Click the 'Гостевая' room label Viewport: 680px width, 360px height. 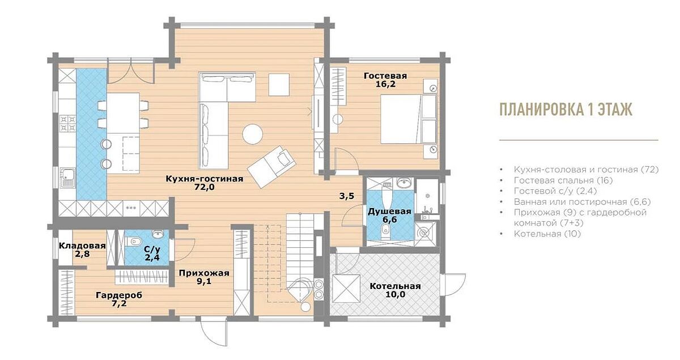click(x=385, y=75)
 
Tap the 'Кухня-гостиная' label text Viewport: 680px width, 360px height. click(x=205, y=179)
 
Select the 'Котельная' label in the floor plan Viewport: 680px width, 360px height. click(x=396, y=286)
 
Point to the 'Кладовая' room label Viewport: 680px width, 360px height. click(x=82, y=246)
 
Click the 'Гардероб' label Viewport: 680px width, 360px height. click(x=119, y=295)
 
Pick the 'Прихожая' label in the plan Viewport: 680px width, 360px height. click(x=204, y=273)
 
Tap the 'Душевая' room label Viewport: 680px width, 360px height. click(x=389, y=211)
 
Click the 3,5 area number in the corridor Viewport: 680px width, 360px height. click(x=347, y=196)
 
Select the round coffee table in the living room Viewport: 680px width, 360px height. click(x=253, y=134)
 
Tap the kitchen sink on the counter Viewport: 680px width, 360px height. click(x=67, y=177)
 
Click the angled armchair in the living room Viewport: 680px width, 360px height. click(x=271, y=167)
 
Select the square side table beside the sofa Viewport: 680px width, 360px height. click(x=279, y=85)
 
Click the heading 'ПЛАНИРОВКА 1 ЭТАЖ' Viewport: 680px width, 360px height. click(x=566, y=109)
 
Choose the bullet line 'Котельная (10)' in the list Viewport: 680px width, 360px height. click(x=547, y=234)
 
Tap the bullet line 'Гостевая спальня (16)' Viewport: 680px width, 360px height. click(x=563, y=180)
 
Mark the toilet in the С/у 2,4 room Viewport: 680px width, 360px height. click(x=134, y=242)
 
